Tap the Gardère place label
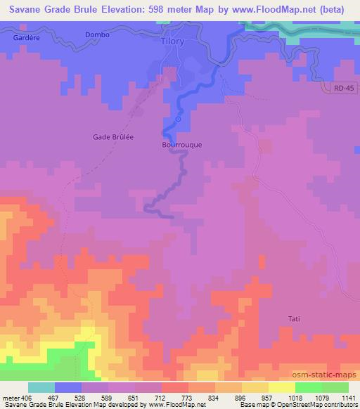click(x=27, y=37)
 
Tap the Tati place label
click(x=294, y=319)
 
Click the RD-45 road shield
click(x=341, y=87)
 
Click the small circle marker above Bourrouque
click(x=178, y=119)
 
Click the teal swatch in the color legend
click(x=41, y=387)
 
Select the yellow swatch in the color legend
click(x=282, y=387)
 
